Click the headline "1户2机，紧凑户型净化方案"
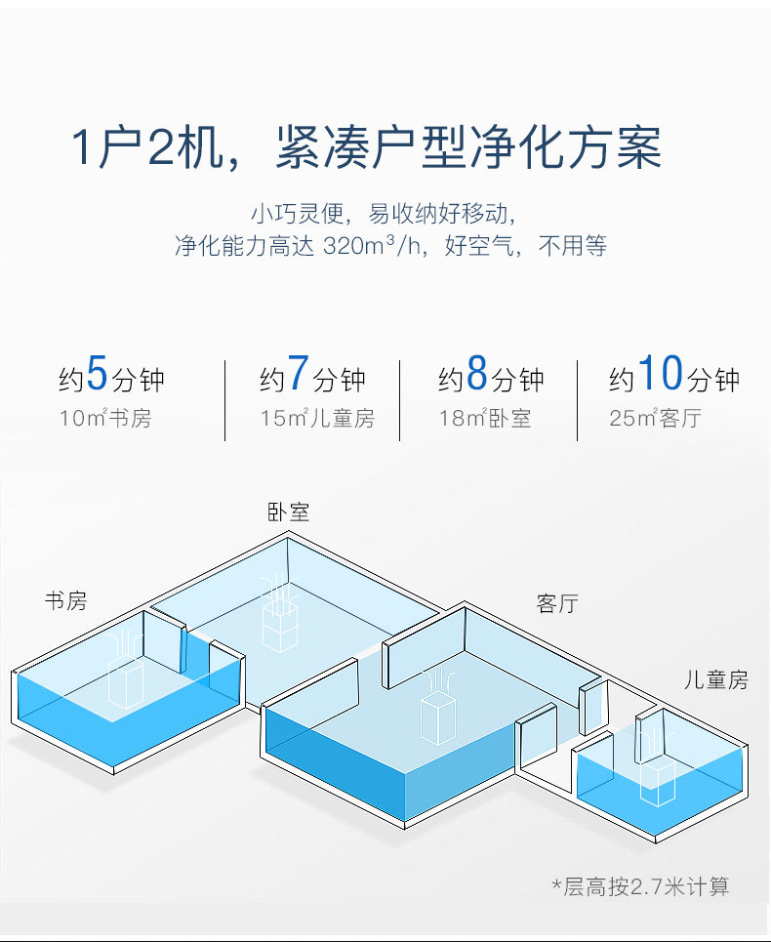[x=366, y=147]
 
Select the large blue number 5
[x=97, y=374]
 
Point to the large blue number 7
[x=298, y=374]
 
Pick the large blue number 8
[x=476, y=374]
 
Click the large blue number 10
[x=659, y=374]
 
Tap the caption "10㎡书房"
[x=105, y=420]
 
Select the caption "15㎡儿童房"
[x=317, y=420]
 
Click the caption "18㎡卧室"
[x=485, y=420]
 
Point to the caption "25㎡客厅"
[x=655, y=420]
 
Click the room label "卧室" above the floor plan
[x=289, y=512]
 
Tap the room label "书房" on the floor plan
[x=65, y=600]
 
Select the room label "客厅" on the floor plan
[x=557, y=603]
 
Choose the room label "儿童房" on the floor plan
[x=715, y=679]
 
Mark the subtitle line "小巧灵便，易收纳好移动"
[x=381, y=212]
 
